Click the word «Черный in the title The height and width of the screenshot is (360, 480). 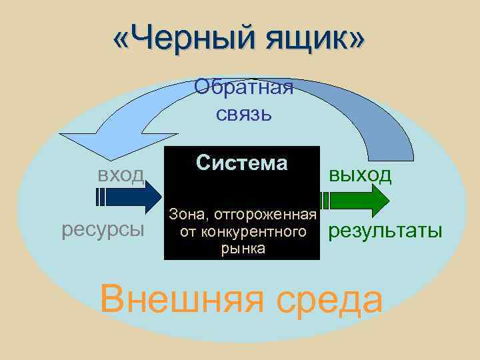coord(179,43)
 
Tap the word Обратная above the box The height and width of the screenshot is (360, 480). coord(243,87)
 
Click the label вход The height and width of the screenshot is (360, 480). coord(120,175)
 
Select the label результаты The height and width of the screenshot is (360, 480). coord(383,231)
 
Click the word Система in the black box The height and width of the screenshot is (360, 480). coord(242,163)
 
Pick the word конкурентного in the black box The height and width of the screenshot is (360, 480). coord(261,232)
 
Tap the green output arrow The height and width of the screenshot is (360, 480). coord(360,198)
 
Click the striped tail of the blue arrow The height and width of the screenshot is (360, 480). coord(101,198)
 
